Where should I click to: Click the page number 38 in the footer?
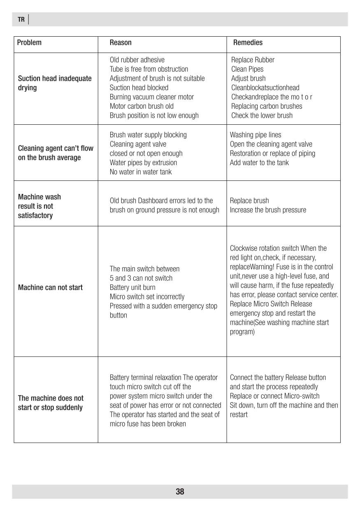pos(180,492)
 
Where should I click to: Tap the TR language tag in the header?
pos(21,20)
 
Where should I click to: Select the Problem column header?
pos(30,43)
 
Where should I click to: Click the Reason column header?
pos(121,43)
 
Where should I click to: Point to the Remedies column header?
pos(248,43)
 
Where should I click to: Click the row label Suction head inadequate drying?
pos(55,83)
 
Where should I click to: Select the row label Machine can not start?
pos(50,287)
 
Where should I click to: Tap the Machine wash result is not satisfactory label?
pos(39,206)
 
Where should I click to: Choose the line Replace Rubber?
pos(253,60)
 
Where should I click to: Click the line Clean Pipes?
pos(247,69)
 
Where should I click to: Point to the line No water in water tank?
pos(141,172)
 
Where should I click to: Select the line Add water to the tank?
pos(259,163)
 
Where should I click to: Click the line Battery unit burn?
pos(132,287)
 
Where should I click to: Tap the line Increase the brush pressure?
pos(268,210)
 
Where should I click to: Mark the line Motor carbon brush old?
pos(142,106)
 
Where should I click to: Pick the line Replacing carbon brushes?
pos(267,106)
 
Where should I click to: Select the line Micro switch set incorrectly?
pos(147,297)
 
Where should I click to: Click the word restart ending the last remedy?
pos(239,415)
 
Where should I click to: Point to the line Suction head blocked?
pos(139,88)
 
